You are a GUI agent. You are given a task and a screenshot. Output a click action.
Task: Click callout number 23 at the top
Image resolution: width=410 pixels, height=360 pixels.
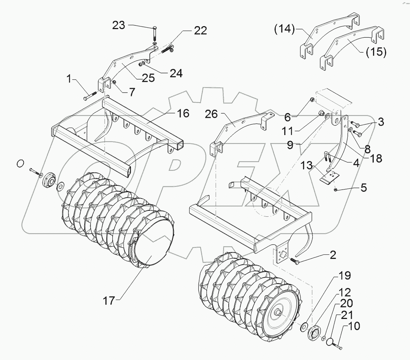coord(119,25)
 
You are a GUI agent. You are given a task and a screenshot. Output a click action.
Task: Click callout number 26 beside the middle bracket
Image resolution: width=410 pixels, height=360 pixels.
coord(211,114)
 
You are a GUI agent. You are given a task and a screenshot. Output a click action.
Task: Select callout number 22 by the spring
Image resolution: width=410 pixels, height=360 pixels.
coord(200,31)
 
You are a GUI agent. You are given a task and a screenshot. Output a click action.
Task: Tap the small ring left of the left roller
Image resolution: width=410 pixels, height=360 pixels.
coord(21,163)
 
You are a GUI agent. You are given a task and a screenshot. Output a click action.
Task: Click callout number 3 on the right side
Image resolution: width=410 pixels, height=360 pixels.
coord(380,122)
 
